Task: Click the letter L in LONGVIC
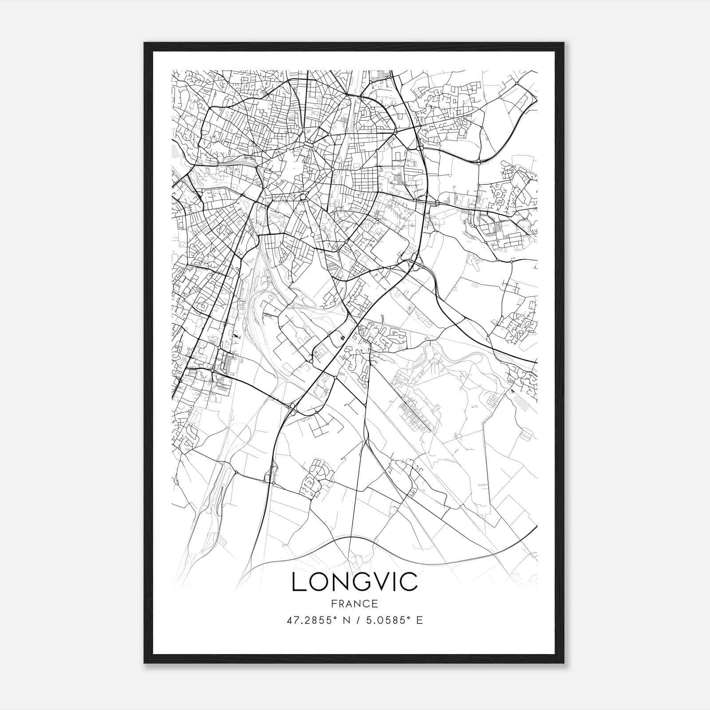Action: (x=298, y=582)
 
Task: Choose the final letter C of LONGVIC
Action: (x=410, y=582)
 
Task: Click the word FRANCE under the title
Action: (x=354, y=604)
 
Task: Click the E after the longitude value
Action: (x=419, y=620)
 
